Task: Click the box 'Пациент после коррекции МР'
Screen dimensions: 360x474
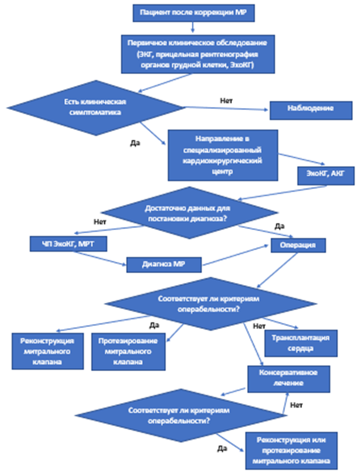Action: coord(194,13)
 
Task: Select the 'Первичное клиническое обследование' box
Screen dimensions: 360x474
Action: coord(198,54)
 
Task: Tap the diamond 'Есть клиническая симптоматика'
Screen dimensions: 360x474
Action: coord(96,108)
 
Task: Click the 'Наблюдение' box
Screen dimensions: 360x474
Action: coord(311,110)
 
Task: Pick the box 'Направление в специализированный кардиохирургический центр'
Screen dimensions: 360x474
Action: coord(223,155)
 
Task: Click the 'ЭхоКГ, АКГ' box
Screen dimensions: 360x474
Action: coord(326,176)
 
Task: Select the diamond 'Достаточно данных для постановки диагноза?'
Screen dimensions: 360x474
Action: coord(189,213)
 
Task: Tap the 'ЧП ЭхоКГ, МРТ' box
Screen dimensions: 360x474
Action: coord(68,244)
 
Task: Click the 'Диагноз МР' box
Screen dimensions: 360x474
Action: coord(164,265)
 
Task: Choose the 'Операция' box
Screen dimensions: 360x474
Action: coord(298,245)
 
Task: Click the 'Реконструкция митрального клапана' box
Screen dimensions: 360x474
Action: coord(48,351)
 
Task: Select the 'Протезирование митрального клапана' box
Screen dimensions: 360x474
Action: coord(128,352)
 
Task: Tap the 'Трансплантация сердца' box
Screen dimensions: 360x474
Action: coord(301,343)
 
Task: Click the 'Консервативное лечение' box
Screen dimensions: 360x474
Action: coord(289,379)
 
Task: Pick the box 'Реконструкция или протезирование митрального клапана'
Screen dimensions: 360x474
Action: coord(291,451)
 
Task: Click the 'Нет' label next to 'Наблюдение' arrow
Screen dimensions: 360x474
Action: coord(226,101)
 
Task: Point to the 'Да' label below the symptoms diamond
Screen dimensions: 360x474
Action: coord(135,143)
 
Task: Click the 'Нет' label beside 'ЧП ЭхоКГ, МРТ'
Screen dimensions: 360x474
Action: coord(100,222)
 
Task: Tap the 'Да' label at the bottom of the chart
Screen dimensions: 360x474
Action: coord(222,448)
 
